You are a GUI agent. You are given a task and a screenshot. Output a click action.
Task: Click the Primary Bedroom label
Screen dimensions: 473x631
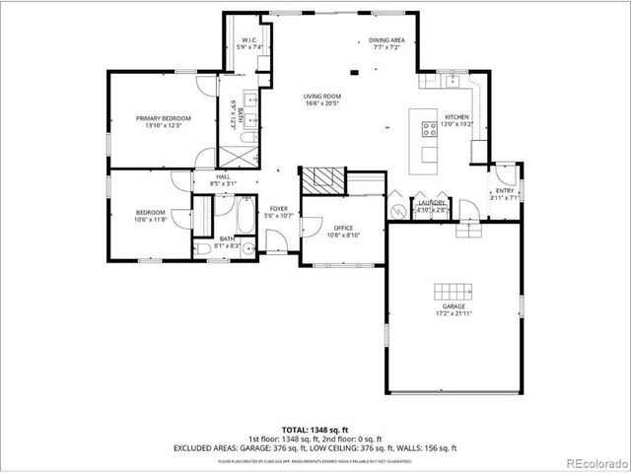[163, 121]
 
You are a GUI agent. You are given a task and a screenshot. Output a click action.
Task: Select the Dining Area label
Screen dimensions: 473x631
[386, 43]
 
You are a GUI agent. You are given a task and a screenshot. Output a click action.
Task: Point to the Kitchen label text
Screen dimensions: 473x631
[456, 120]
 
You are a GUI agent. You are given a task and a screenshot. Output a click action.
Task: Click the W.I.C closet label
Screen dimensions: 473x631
[250, 43]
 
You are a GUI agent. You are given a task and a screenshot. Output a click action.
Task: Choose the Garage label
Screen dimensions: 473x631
[453, 309]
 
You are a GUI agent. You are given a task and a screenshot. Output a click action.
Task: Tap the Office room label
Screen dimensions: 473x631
[342, 232]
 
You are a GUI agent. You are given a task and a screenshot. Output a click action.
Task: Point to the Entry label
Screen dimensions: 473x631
[504, 194]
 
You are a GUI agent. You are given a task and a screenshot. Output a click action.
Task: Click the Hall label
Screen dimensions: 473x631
[225, 180]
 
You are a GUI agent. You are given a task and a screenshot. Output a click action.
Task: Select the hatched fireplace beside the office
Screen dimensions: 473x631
[322, 179]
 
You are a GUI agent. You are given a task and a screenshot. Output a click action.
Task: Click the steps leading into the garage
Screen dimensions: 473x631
[466, 230]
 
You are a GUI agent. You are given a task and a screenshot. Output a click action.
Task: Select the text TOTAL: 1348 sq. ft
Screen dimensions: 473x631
[315, 430]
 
